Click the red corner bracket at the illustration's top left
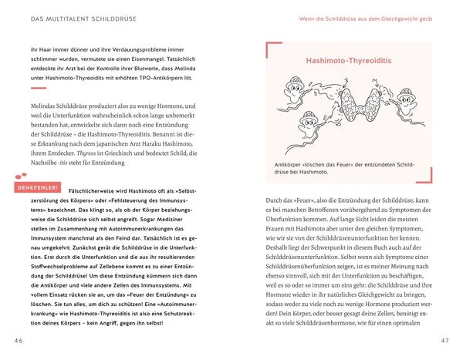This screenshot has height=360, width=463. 271,50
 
